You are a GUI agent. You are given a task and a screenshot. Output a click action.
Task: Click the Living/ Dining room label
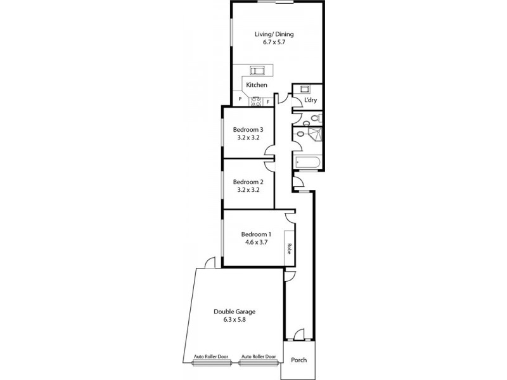coord(274,35)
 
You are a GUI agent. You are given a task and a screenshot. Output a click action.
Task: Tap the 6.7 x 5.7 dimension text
coord(274,44)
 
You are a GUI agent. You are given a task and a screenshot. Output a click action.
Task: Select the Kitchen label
coord(257,85)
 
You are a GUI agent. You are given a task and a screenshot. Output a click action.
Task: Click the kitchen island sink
coord(257,70)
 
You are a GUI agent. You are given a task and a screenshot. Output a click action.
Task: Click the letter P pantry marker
coord(240,99)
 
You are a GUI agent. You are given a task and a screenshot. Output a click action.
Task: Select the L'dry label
coord(311,101)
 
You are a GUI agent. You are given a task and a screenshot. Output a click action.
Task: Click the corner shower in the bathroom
coord(315,134)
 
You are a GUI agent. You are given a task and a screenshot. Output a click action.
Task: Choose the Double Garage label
coord(235,312)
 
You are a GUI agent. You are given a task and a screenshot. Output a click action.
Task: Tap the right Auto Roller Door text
coord(259,357)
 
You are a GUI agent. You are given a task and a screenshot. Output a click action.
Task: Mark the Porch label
coord(298,360)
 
